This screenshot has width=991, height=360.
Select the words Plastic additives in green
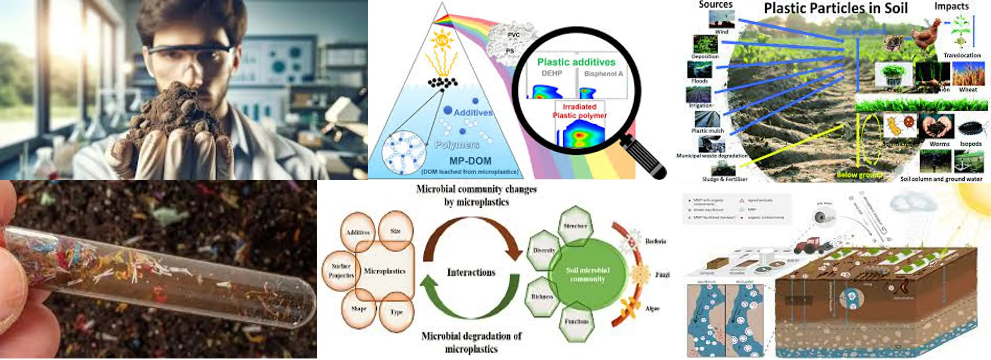pyautogui.click(x=576, y=62)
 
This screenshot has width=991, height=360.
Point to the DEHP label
pyautogui.click(x=552, y=73)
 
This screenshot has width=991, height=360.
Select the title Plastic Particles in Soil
pyautogui.click(x=836, y=9)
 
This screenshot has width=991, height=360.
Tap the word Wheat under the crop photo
pyautogui.click(x=968, y=90)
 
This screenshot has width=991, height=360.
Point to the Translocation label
pyautogui.click(x=962, y=55)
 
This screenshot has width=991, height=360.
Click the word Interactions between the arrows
pyautogui.click(x=471, y=272)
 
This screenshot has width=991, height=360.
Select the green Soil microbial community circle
pyautogui.click(x=587, y=274)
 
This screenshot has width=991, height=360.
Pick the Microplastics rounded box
pyautogui.click(x=385, y=271)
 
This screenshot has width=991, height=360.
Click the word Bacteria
pyautogui.click(x=655, y=241)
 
